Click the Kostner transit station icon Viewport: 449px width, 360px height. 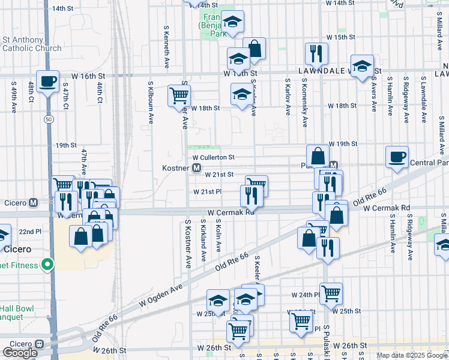pos(196,168)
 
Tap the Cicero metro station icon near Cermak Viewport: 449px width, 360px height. pos(34,202)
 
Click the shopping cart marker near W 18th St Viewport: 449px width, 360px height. pos(179,95)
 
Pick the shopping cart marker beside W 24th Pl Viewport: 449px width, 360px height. pos(331,293)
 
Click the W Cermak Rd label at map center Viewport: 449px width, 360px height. pos(231,212)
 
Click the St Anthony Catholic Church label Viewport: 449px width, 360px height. pos(31,44)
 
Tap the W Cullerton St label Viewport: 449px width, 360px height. pos(212,157)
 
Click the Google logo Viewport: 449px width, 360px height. pos(20,352)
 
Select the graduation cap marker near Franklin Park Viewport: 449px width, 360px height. pos(232,22)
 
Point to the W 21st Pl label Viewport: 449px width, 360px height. pos(207,192)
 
